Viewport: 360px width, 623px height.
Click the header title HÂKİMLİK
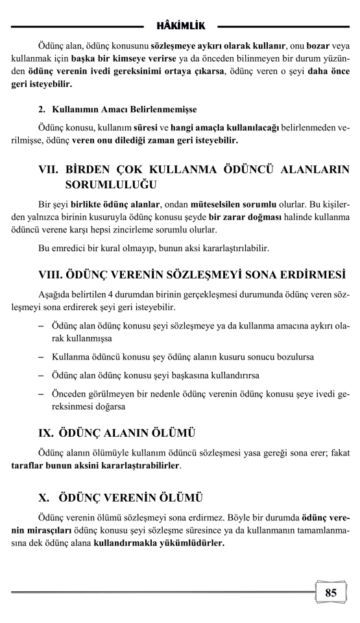click(x=180, y=25)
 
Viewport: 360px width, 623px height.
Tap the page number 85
click(x=331, y=592)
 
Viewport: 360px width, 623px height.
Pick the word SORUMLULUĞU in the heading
click(x=107, y=185)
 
